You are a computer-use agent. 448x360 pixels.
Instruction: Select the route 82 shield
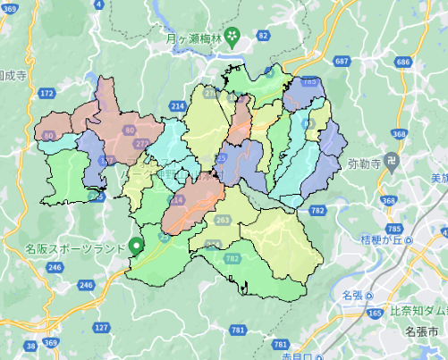[262, 35]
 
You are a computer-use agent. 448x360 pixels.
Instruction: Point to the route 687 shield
[342, 60]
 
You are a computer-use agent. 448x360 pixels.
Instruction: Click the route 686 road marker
[402, 62]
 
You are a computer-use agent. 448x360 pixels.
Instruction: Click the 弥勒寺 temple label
[364, 164]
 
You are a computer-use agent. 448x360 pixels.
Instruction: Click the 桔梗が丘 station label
[379, 240]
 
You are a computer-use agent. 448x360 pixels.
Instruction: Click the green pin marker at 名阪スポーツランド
[136, 245]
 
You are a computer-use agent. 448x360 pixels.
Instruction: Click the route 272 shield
[140, 143]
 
